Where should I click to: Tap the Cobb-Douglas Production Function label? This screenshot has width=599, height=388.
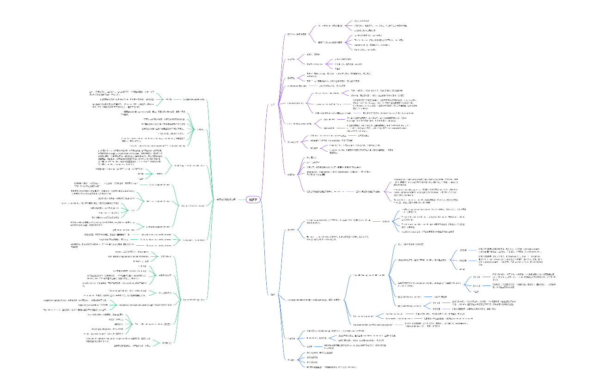coord(188,165)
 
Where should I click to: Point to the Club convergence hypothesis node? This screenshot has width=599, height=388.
coord(159,245)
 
